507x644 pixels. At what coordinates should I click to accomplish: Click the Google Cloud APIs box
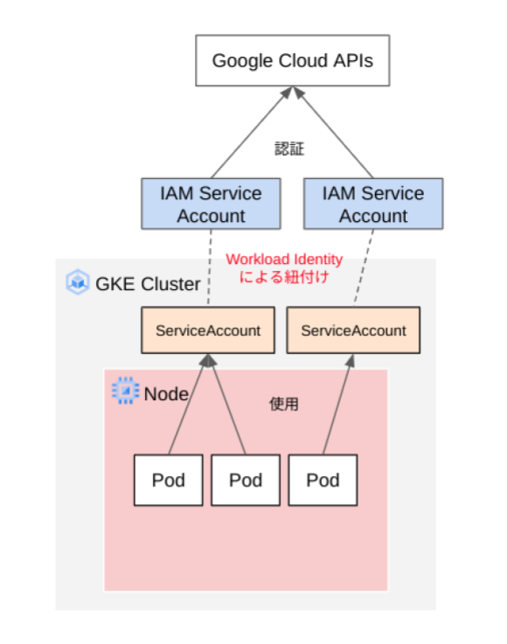click(x=292, y=61)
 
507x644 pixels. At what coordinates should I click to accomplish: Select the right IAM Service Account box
click(x=373, y=204)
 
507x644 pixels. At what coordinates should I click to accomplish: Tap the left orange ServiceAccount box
click(x=208, y=330)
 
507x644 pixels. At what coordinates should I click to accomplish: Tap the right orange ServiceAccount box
click(x=353, y=330)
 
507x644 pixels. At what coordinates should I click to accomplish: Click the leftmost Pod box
click(x=168, y=480)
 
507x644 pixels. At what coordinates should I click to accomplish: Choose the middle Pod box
click(x=246, y=480)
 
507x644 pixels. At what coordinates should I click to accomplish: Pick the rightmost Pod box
click(x=323, y=480)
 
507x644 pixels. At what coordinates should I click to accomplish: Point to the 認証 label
click(x=289, y=149)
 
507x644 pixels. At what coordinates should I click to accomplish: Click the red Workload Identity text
click(x=284, y=260)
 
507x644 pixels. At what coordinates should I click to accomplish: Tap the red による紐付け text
click(x=283, y=277)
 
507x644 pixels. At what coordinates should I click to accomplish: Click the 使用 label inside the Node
click(x=284, y=404)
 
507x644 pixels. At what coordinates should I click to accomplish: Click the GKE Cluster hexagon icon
click(x=78, y=282)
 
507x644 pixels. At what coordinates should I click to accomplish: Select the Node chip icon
click(x=126, y=391)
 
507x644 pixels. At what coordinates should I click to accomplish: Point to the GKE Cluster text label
click(x=147, y=283)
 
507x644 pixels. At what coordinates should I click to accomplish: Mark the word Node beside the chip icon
click(x=166, y=393)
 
